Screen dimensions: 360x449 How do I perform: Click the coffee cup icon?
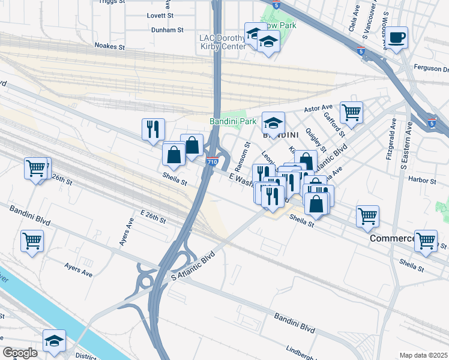tap(396, 38)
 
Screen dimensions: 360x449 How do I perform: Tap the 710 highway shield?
tap(212, 162)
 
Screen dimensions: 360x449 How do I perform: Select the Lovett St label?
tap(161, 14)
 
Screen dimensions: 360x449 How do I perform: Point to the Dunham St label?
tap(167, 29)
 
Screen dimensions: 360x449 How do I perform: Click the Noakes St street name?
tap(109, 46)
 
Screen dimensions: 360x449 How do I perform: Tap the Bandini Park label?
tap(233, 121)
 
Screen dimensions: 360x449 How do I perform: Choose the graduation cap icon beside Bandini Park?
tap(274, 123)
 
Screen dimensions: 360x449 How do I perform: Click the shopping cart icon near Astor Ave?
tap(351, 112)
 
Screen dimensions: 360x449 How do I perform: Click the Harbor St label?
tap(421, 180)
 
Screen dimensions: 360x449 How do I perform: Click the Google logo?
tap(20, 352)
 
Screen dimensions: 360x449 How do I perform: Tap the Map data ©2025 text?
tap(423, 355)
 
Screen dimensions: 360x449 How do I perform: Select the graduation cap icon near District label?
tap(54, 341)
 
